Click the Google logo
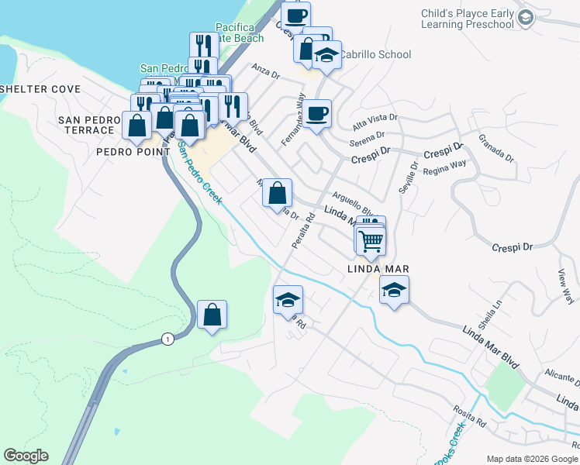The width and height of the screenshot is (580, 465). click(26, 456)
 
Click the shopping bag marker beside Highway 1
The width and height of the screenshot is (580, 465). click(212, 315)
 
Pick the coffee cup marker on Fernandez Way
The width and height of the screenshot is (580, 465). click(316, 115)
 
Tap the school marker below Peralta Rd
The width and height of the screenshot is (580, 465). click(288, 300)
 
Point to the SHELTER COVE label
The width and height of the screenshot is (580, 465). click(40, 89)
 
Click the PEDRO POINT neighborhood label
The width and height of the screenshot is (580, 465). click(133, 152)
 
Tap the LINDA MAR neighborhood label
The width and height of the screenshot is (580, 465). click(378, 269)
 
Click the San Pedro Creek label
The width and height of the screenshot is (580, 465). click(200, 172)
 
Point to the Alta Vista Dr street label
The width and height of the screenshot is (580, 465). click(375, 120)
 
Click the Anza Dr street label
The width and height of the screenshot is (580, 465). click(265, 71)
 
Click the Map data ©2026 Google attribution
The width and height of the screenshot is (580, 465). click(532, 459)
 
